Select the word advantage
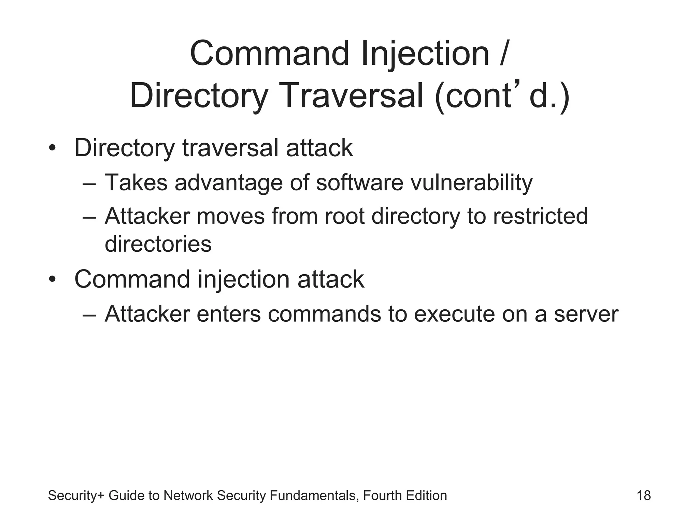(229, 183)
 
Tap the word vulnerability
(471, 183)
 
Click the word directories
(158, 244)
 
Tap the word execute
(454, 314)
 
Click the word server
(586, 314)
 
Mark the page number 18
(644, 496)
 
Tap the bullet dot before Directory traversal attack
(52, 149)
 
